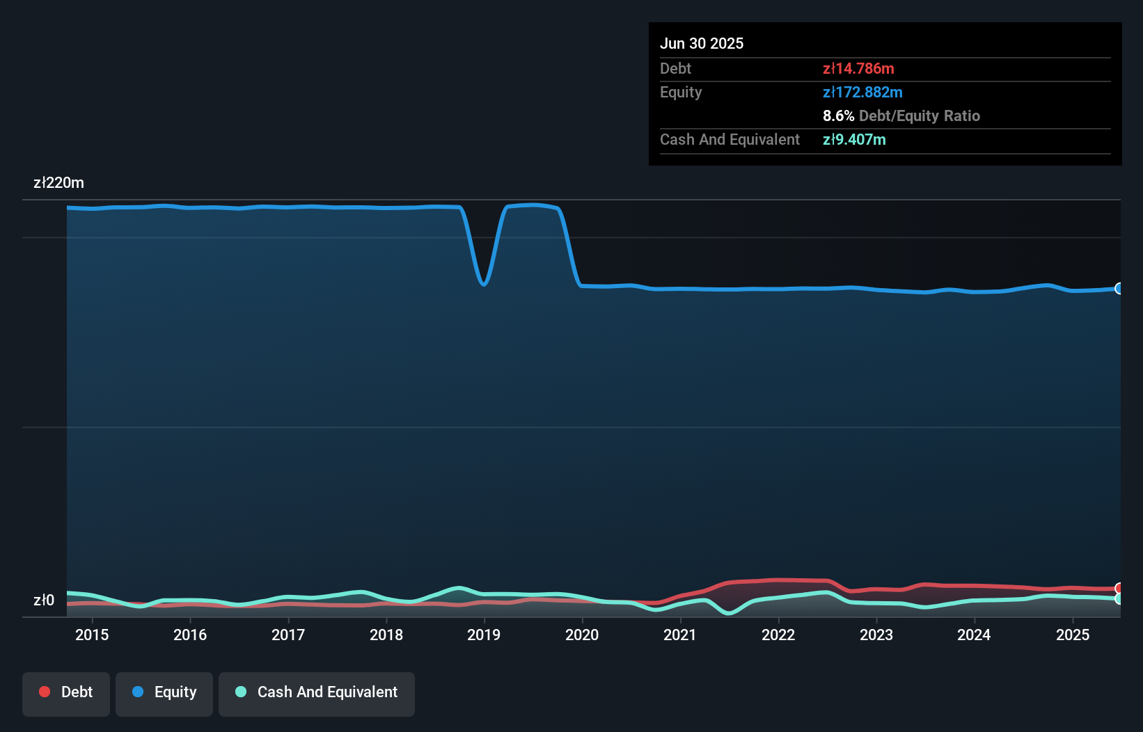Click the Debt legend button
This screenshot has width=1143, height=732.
pyautogui.click(x=66, y=692)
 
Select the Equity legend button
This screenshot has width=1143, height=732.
pyautogui.click(x=164, y=692)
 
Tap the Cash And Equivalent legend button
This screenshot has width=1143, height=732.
pyautogui.click(x=317, y=692)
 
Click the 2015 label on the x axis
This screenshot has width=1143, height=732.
pyautogui.click(x=92, y=635)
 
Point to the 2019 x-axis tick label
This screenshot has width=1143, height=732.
pyautogui.click(x=484, y=635)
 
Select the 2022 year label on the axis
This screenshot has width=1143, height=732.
pyautogui.click(x=778, y=635)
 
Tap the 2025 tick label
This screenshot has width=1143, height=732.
pyautogui.click(x=1073, y=635)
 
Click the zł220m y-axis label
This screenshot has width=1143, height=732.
pyautogui.click(x=59, y=183)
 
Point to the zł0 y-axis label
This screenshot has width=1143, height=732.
pyautogui.click(x=44, y=600)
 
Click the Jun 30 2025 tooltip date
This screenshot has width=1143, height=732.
pyautogui.click(x=702, y=43)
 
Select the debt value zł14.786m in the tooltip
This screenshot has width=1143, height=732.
pyautogui.click(x=858, y=68)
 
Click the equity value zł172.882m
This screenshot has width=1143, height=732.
pyautogui.click(x=862, y=92)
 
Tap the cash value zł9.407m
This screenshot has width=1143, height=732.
pyautogui.click(x=854, y=139)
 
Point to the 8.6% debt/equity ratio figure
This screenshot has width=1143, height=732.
pyautogui.click(x=838, y=116)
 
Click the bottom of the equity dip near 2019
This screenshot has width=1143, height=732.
pyautogui.click(x=484, y=284)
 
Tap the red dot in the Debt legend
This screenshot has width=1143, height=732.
pyautogui.click(x=45, y=692)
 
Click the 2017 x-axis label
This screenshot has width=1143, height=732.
pyautogui.click(x=288, y=635)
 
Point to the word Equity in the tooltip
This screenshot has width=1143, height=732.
pyautogui.click(x=681, y=92)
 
